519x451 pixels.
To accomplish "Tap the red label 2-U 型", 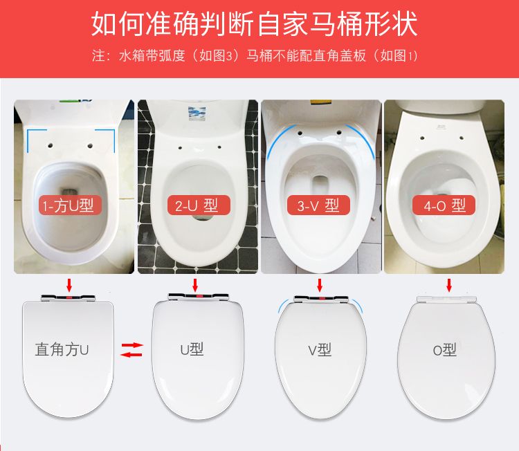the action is tap(199, 205).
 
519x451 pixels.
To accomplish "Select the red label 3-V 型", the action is tap(318, 205).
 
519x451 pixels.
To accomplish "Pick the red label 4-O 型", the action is tap(444, 205).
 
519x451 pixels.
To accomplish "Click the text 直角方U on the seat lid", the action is tap(62, 349).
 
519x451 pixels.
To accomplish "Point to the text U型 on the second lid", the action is tap(192, 349).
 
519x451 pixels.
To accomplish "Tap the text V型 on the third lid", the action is tap(320, 350).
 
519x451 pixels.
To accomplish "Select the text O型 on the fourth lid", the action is tap(445, 350).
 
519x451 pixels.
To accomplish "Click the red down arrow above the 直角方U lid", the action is tap(69, 285).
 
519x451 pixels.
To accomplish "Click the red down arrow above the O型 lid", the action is tap(449, 285).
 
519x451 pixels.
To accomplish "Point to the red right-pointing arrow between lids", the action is tap(132, 344).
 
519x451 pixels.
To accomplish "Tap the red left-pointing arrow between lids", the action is tap(131, 355).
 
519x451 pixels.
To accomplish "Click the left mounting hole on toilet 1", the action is tap(51, 145).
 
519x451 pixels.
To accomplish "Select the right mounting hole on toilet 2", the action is tap(219, 147).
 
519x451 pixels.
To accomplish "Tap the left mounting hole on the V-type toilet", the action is tap(300, 133).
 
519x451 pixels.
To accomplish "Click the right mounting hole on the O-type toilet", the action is tap(461, 138).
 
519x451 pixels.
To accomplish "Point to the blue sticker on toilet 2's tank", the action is tap(197, 114).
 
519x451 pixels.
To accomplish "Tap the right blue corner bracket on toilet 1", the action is tap(109, 138).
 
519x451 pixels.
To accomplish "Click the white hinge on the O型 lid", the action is tap(446, 299).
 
